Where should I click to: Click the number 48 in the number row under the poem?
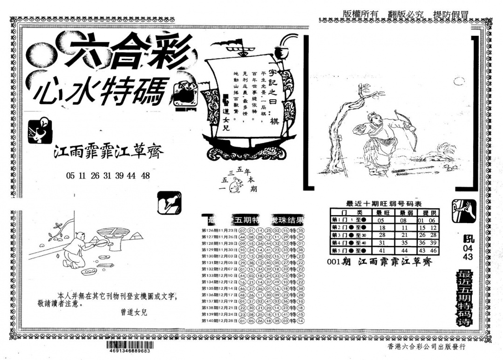145,176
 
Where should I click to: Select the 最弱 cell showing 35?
404,242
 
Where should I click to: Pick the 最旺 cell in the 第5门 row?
381,250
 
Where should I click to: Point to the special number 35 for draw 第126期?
300,231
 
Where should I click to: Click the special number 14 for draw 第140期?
300,321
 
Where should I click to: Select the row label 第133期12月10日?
219,276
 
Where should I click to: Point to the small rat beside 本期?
238,185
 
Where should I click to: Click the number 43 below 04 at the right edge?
468,257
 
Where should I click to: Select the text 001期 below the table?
338,262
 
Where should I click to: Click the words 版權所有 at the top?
361,14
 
